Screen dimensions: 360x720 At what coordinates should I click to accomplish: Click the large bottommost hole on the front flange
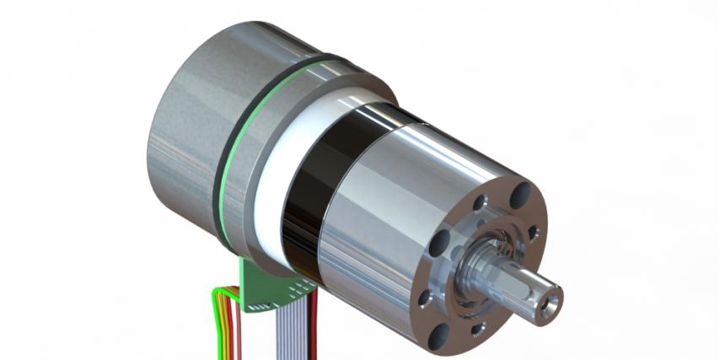pos(440,337)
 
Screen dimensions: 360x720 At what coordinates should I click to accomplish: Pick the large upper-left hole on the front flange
pos(439,245)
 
